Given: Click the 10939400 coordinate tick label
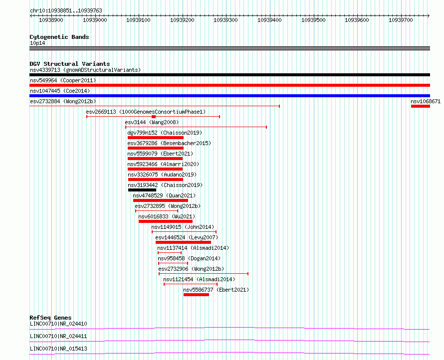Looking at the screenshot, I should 269,20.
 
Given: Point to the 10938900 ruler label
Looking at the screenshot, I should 51,20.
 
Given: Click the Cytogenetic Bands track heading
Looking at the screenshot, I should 59,37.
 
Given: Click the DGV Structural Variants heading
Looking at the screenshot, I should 69,64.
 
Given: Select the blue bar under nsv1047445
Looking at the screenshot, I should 229,96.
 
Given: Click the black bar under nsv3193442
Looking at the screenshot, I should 142,190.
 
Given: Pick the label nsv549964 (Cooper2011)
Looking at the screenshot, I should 63,80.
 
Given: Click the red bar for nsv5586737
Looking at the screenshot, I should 196,295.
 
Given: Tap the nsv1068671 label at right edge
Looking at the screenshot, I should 426,101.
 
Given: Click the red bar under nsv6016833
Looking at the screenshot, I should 165,221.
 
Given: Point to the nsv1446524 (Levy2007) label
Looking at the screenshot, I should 187,237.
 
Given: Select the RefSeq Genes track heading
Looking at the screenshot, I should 50,318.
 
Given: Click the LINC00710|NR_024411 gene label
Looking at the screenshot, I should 58,336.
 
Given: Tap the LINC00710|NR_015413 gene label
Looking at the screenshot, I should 58,348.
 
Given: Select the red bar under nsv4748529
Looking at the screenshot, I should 160,200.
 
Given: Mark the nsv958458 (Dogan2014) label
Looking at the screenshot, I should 189,258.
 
